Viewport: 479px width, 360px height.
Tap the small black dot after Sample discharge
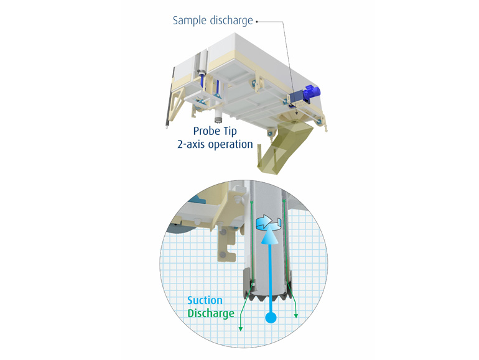click(256, 21)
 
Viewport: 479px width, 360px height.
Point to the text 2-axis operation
click(214, 144)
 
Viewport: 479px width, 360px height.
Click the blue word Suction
click(206, 301)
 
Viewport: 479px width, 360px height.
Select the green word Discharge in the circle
click(211, 313)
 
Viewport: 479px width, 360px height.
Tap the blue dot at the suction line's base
click(270, 319)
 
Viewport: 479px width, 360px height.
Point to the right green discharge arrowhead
click(296, 314)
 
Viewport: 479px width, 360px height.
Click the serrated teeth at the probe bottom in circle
click(269, 292)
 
